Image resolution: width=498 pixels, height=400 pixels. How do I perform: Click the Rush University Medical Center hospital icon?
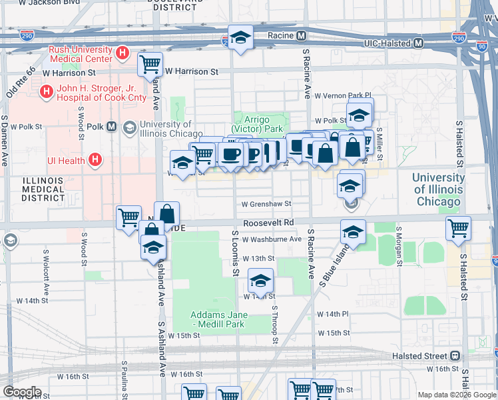click(122, 53)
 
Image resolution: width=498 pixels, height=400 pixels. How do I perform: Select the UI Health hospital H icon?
click(95, 159)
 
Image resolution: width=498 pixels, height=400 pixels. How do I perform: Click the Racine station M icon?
click(302, 35)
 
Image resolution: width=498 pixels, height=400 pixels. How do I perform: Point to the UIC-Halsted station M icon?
click(419, 43)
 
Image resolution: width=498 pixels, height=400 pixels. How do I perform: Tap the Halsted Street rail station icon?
click(456, 356)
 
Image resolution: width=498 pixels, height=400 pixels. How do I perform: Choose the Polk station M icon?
click(111, 127)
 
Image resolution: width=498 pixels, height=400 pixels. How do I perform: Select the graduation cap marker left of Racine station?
click(240, 37)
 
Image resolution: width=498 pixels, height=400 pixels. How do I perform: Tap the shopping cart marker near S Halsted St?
click(459, 228)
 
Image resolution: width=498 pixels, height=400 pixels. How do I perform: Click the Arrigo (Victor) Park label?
click(257, 124)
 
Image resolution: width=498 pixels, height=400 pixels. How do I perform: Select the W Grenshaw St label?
click(266, 204)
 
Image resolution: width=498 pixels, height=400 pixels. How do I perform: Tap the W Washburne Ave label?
click(272, 239)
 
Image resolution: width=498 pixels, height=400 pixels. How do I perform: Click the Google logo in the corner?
click(22, 392)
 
